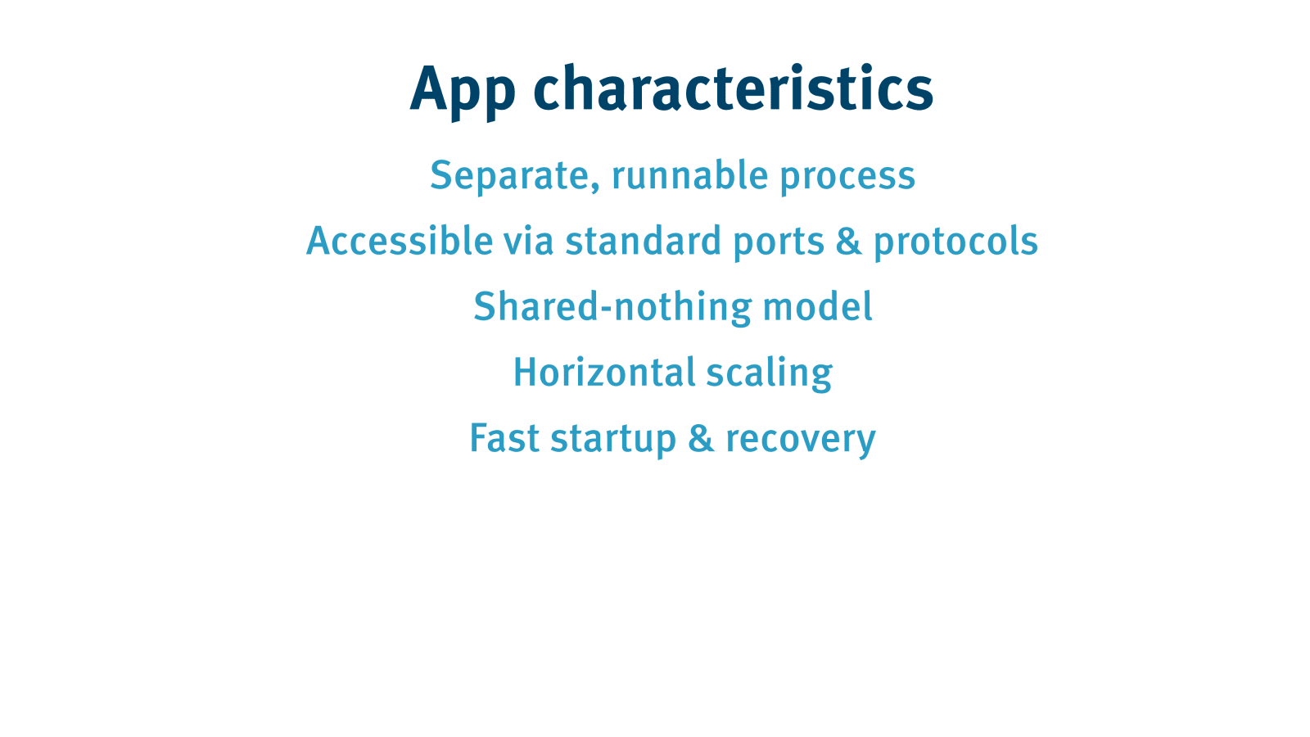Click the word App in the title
pyautogui.click(x=463, y=91)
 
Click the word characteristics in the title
pyautogui.click(x=734, y=87)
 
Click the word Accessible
pyautogui.click(x=400, y=240)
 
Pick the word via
pyautogui.click(x=529, y=241)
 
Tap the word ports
pyautogui.click(x=779, y=243)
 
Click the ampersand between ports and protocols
pyautogui.click(x=848, y=241)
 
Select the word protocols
pyautogui.click(x=955, y=243)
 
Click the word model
pyautogui.click(x=818, y=306)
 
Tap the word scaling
pyautogui.click(x=770, y=374)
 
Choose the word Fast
pyautogui.click(x=504, y=437)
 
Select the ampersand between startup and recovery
pyautogui.click(x=701, y=437)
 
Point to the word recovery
pyautogui.click(x=801, y=441)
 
